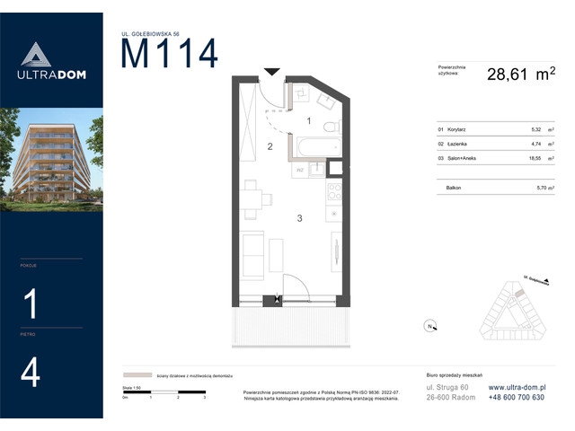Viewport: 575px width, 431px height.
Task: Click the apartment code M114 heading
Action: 170,55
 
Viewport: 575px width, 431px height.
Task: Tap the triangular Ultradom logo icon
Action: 31,55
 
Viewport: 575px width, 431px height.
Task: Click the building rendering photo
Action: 51,159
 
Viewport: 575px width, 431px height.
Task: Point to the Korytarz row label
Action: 451,129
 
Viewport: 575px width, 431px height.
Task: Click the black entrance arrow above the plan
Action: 272,71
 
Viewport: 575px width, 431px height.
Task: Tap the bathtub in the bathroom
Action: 314,147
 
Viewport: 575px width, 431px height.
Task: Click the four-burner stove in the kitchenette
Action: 333,190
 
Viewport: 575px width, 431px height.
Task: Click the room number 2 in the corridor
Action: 269,146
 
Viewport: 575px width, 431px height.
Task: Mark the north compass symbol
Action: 429,325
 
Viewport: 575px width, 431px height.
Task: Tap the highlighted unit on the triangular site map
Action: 518,290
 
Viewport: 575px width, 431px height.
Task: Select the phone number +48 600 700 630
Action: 516,398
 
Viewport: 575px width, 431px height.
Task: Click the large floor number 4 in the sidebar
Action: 31,373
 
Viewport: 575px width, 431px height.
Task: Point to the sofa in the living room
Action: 254,254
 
